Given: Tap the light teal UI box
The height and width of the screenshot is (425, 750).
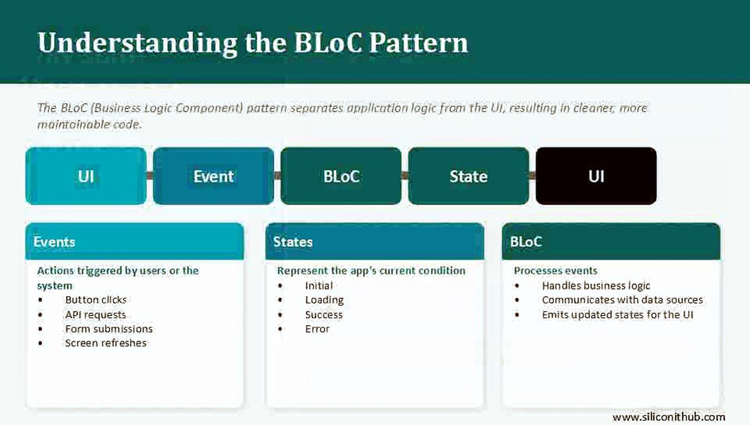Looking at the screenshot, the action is (x=86, y=176).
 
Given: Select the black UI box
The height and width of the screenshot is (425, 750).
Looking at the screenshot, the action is (x=596, y=176).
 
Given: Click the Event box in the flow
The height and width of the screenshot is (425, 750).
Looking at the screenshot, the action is (x=214, y=176).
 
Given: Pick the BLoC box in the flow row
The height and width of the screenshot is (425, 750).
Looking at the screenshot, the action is (x=341, y=176).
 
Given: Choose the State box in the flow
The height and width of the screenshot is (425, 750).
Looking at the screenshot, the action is (x=469, y=176).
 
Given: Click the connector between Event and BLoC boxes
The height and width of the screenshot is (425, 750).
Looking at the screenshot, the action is (x=277, y=175).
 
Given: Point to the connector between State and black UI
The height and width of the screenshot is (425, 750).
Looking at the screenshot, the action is (x=532, y=175).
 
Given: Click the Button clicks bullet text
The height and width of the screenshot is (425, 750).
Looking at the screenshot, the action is (x=96, y=300).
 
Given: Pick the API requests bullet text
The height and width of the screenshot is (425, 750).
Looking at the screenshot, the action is (x=96, y=315).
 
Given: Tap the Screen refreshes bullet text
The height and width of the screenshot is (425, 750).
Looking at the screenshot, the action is (x=106, y=343).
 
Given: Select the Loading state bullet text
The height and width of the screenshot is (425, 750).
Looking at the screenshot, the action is (x=324, y=300).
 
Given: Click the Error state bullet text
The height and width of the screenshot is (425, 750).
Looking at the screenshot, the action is (x=317, y=329).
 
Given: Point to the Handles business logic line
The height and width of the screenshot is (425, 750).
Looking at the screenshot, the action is (x=596, y=286).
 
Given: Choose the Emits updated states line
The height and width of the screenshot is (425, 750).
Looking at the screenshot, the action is (x=618, y=315).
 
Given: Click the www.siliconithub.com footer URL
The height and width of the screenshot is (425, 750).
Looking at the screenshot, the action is (x=669, y=417).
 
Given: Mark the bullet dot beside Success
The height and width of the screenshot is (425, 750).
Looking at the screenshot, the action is (x=281, y=315).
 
